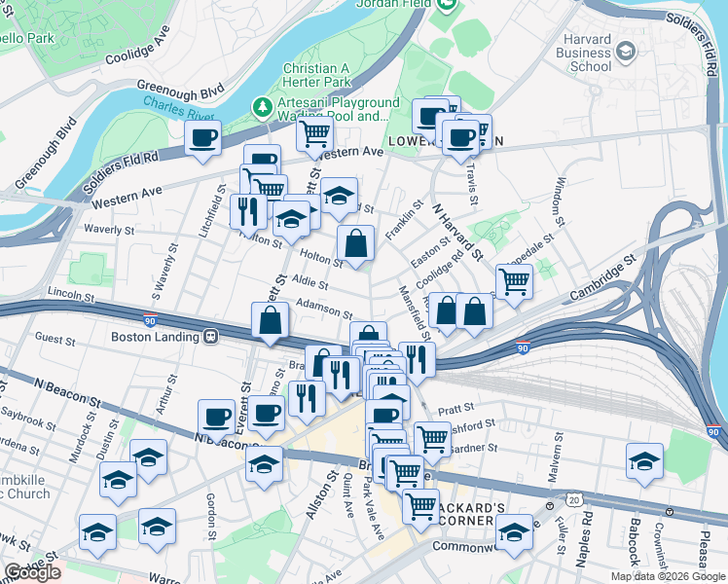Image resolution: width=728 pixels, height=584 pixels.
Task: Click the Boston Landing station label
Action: tap(155, 337)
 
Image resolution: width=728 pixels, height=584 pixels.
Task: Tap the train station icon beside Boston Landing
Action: tap(209, 337)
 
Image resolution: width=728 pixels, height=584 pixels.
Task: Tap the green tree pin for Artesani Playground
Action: tap(261, 105)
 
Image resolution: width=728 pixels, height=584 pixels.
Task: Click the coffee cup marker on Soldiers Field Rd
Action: tap(203, 139)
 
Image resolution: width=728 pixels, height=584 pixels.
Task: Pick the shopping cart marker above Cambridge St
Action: tap(514, 282)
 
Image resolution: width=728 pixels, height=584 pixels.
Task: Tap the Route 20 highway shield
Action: tap(575, 499)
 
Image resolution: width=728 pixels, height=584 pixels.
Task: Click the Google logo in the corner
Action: tap(33, 572)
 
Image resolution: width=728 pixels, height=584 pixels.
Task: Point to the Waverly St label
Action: tap(108, 230)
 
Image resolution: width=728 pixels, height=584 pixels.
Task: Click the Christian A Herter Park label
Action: tap(316, 77)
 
